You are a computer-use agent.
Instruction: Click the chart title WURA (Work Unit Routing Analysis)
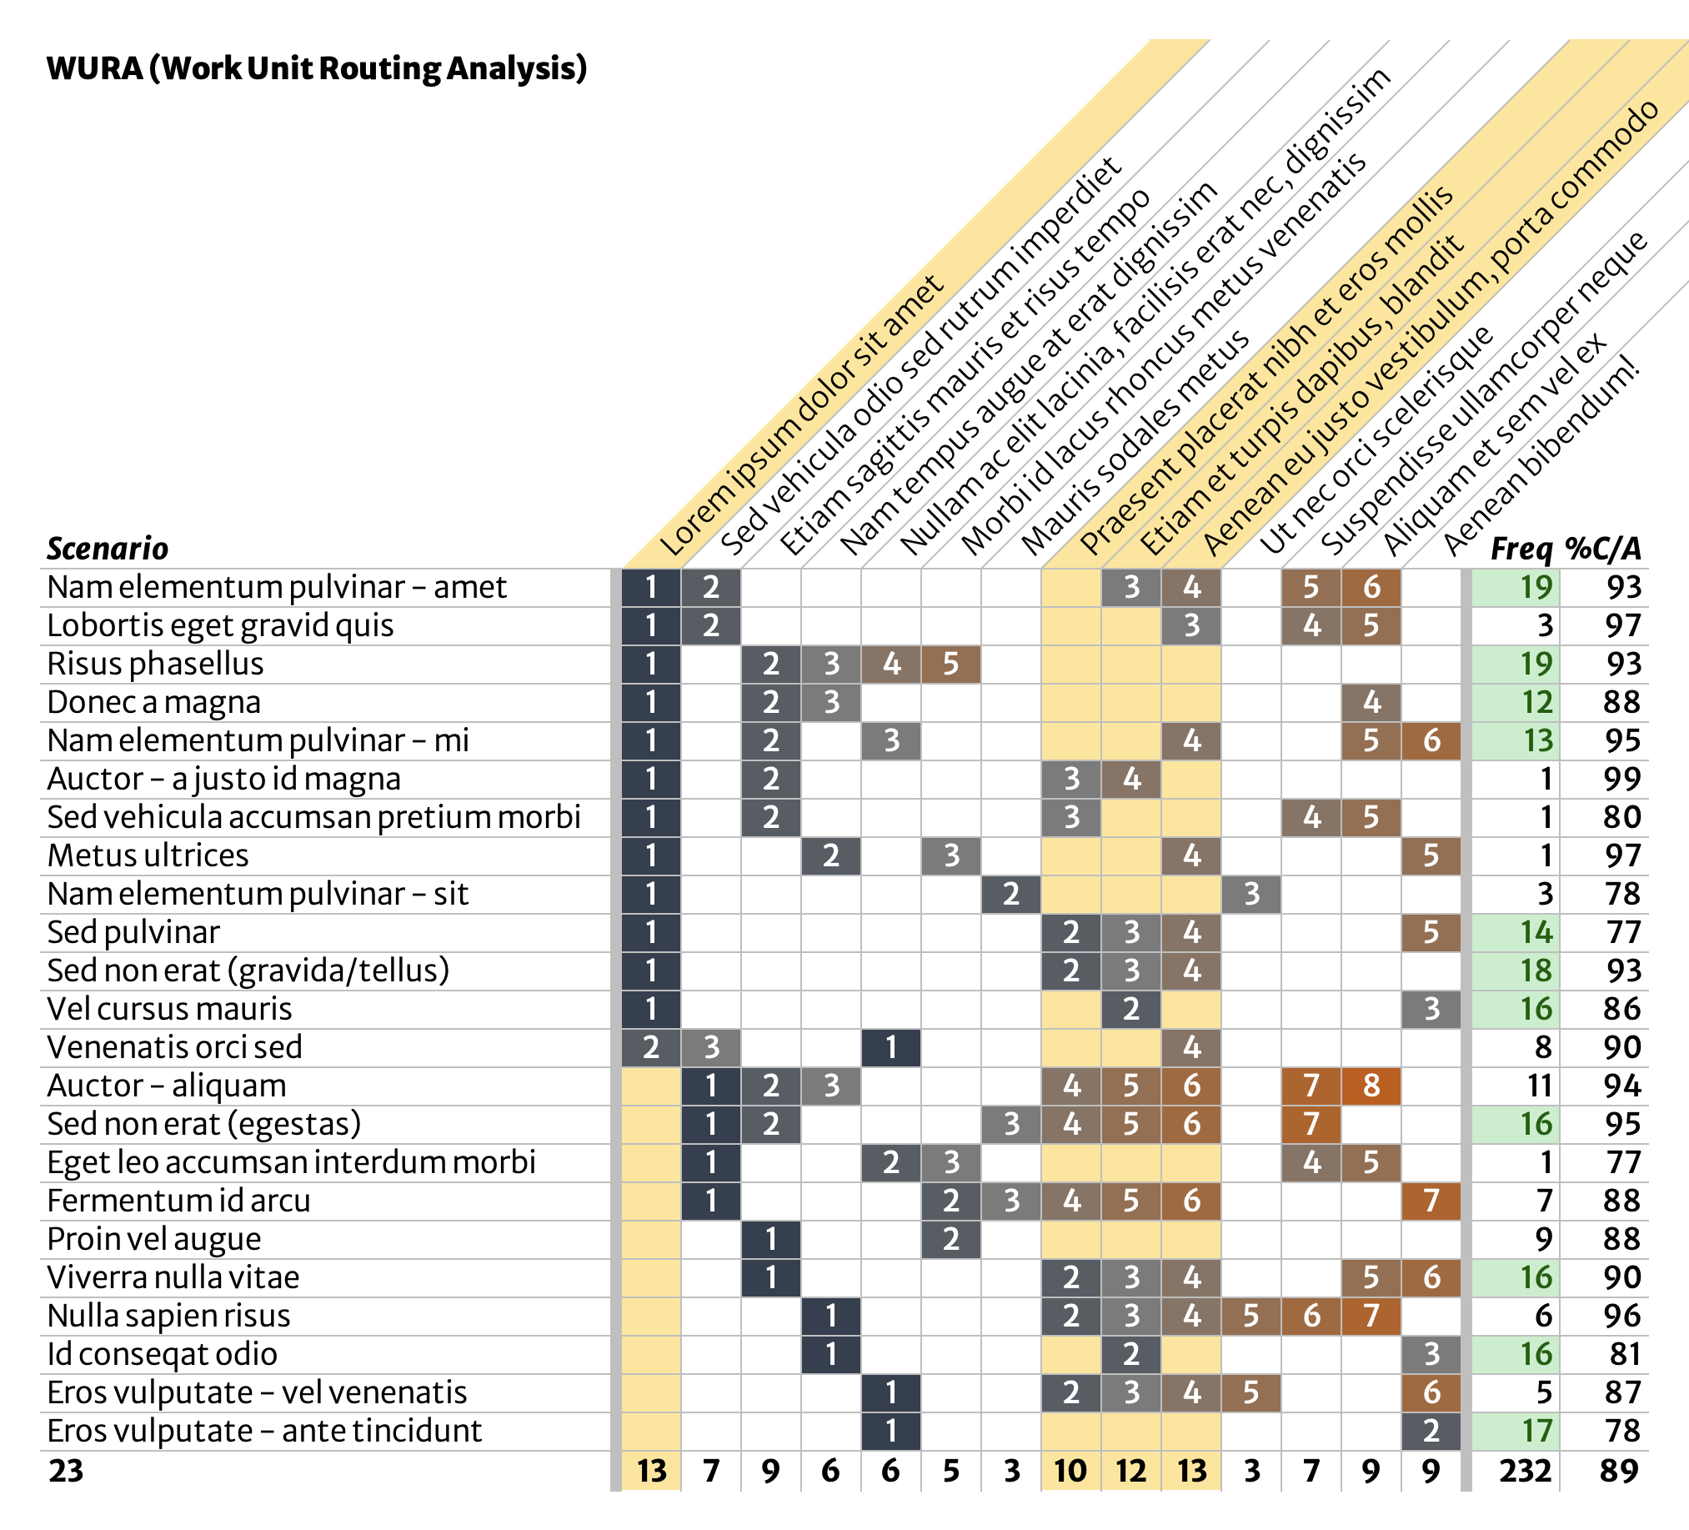point(317,68)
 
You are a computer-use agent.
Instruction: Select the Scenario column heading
point(108,549)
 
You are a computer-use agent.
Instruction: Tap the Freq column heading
point(1521,549)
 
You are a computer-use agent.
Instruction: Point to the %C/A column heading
point(1602,549)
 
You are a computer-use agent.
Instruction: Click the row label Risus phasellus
point(155,665)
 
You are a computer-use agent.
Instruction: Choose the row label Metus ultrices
point(148,856)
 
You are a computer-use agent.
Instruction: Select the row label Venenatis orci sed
point(174,1048)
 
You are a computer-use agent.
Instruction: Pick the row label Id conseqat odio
point(162,1355)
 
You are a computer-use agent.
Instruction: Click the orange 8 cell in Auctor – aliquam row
point(1371,1086)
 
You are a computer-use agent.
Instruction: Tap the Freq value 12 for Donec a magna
point(1536,703)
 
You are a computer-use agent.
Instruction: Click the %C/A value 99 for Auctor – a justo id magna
point(1622,780)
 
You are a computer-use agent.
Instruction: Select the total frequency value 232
point(1525,1472)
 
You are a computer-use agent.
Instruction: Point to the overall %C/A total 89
point(1618,1472)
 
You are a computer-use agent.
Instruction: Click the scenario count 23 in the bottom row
point(66,1472)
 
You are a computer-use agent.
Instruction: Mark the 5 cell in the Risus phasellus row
point(951,665)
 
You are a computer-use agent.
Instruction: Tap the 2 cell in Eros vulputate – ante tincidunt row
point(1431,1431)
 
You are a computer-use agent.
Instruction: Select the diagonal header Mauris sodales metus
point(1135,444)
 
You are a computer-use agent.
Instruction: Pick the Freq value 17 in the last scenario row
point(1536,1431)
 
